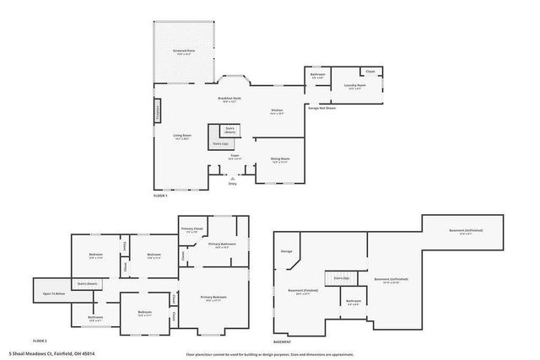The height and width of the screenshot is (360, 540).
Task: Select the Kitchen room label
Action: click(277, 110)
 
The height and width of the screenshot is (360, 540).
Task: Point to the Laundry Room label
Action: click(354, 85)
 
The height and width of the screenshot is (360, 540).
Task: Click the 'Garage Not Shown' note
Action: click(321, 108)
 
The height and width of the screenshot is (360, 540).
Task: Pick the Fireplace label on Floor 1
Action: click(157, 111)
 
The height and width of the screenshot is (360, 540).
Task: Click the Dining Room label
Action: click(280, 159)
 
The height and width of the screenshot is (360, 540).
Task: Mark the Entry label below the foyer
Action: click(233, 183)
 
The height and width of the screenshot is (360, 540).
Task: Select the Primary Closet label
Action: click(192, 228)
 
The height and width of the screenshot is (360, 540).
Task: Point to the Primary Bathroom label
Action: click(222, 245)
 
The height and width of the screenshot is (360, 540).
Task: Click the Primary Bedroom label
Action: click(214, 298)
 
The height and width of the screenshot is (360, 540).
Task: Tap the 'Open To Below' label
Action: click(55, 293)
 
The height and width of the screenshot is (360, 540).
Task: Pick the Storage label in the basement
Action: click(286, 251)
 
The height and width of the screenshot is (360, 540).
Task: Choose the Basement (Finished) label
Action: click(302, 292)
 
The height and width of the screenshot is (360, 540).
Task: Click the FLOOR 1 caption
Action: click(161, 196)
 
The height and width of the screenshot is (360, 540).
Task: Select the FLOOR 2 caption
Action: click(39, 341)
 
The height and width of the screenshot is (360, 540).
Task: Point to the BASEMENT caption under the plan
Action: click(283, 341)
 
